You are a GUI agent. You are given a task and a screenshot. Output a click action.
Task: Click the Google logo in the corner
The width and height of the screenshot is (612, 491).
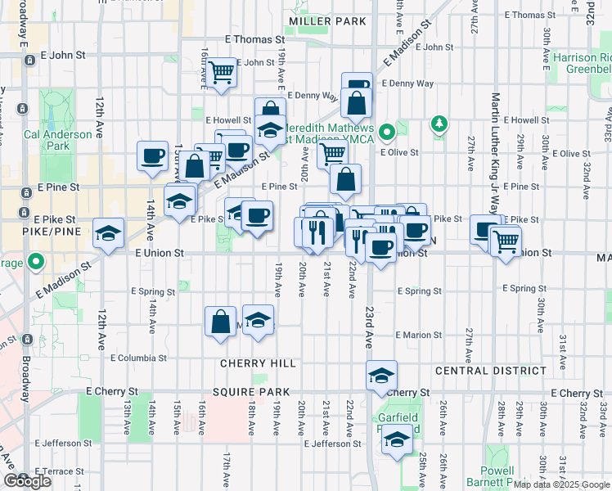pos(27,481)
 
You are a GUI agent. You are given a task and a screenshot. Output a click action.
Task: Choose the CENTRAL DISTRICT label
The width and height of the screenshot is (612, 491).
pos(491,371)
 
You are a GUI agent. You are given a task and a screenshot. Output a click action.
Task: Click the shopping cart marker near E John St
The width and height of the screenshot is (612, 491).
pos(221,72)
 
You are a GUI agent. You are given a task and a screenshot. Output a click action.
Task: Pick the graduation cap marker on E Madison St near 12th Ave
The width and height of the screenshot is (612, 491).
pos(108,232)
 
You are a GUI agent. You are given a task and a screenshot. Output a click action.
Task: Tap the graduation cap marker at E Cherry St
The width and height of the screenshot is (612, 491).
pos(381,375)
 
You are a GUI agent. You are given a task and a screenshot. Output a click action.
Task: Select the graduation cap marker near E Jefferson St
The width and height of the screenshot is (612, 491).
pos(398,440)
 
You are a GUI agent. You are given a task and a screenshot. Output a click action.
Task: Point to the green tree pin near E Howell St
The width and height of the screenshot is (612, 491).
pos(440,124)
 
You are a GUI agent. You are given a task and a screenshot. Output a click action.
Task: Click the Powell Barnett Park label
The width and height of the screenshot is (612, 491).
pos(497,476)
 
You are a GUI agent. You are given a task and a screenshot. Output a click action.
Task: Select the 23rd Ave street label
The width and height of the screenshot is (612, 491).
pos(369,325)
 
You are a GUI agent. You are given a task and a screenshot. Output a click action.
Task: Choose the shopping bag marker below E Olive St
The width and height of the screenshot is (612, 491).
pos(347,179)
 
